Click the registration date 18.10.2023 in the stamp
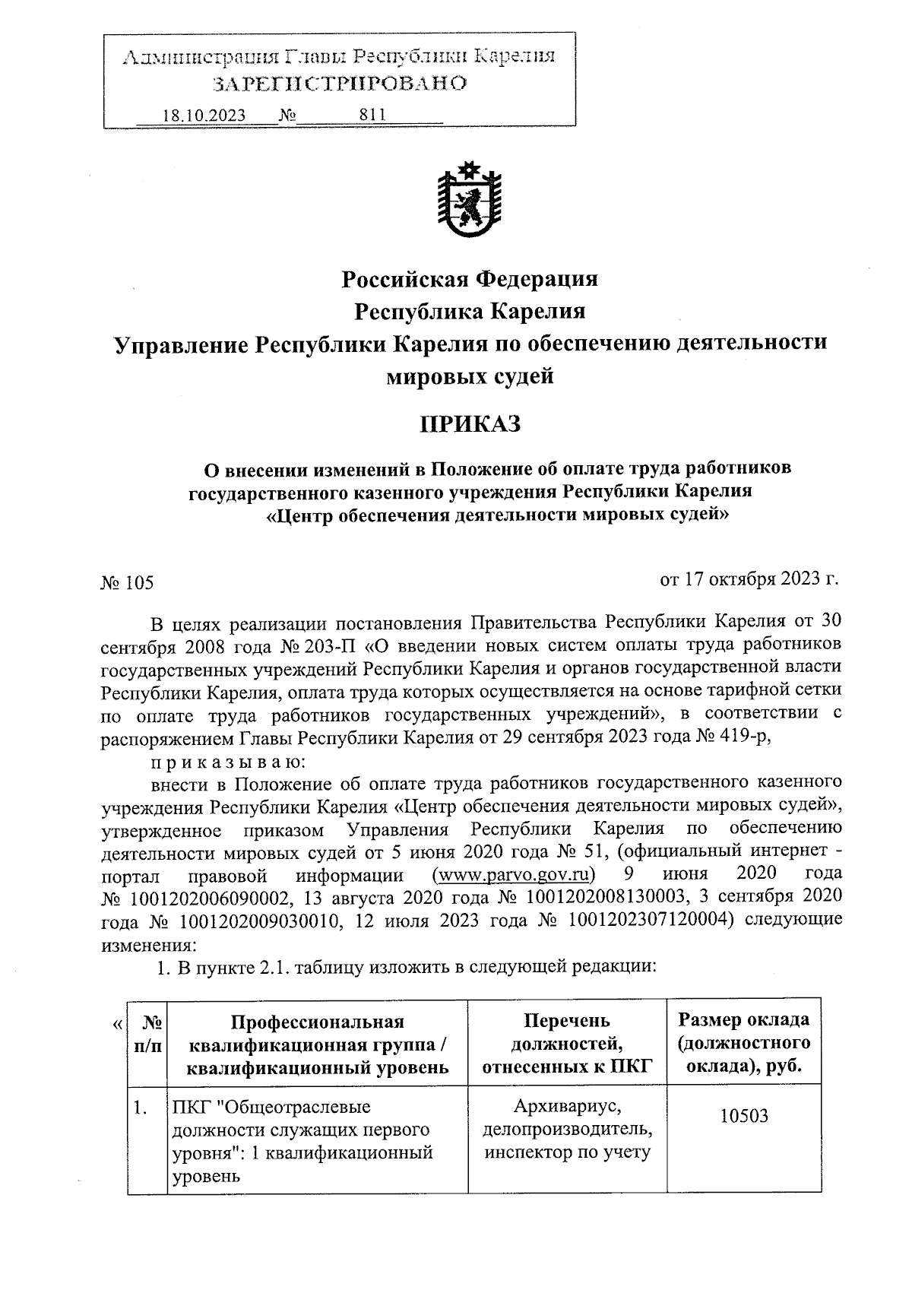click(x=204, y=116)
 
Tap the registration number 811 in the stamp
click(x=372, y=115)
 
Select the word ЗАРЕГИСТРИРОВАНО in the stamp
click(x=339, y=83)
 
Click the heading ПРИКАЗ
click(x=470, y=423)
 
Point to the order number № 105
click(x=127, y=583)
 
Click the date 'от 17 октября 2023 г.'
click(x=749, y=579)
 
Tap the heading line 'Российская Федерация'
click(x=470, y=279)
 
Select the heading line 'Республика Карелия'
click(x=470, y=312)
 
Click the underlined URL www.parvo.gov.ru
click(x=512, y=871)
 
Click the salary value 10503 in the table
click(x=743, y=1117)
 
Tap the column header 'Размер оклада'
click(x=743, y=1019)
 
